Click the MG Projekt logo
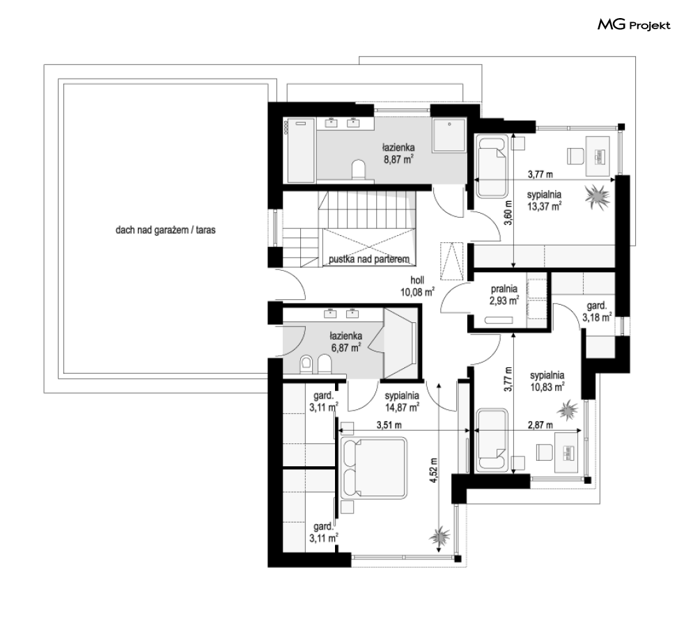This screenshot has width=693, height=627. pyautogui.click(x=634, y=25)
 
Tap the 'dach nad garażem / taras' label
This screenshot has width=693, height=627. pyautogui.click(x=165, y=230)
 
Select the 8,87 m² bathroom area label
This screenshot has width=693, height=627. pyautogui.click(x=398, y=154)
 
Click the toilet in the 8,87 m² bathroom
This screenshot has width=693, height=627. pyautogui.click(x=359, y=170)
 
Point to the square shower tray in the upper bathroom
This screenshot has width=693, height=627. pyautogui.click(x=449, y=135)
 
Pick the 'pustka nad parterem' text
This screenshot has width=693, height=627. pyautogui.click(x=369, y=259)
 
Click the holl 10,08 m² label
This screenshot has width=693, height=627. pyautogui.click(x=417, y=286)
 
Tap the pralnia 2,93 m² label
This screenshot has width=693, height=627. pyautogui.click(x=504, y=295)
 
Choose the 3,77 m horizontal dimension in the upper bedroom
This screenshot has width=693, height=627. pyautogui.click(x=540, y=175)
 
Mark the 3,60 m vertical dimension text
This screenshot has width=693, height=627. pyautogui.click(x=508, y=213)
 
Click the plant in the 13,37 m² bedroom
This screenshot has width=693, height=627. pyautogui.click(x=598, y=197)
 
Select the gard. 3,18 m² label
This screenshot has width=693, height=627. pyautogui.click(x=597, y=312)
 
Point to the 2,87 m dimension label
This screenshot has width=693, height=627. pyautogui.click(x=540, y=425)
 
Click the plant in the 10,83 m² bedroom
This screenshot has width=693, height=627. pyautogui.click(x=567, y=411)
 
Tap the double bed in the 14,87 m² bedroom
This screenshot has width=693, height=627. pyautogui.click(x=373, y=468)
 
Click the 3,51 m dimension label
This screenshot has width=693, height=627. pyautogui.click(x=389, y=425)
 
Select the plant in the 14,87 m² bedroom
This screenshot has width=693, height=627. pyautogui.click(x=440, y=537)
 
